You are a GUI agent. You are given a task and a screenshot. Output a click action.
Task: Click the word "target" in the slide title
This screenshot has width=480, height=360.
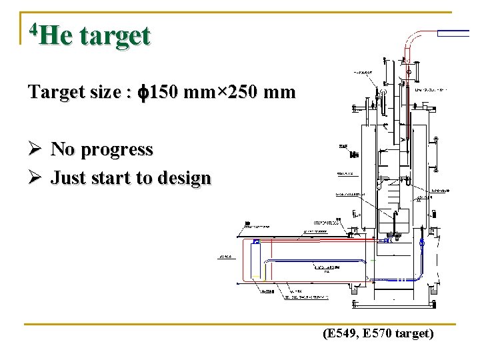(x=115, y=36)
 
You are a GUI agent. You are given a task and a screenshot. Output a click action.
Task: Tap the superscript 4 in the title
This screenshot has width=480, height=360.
(x=34, y=29)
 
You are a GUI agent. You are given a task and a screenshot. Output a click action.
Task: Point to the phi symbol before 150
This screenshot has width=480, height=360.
(x=142, y=93)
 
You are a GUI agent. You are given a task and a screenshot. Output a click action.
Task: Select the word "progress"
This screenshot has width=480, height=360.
(x=117, y=150)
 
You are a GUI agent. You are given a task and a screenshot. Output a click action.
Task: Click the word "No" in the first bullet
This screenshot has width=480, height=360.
(x=63, y=149)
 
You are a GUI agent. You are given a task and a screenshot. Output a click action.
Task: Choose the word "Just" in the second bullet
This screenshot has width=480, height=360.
(x=69, y=179)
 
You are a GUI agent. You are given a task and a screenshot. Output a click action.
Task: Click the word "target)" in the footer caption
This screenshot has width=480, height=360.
(x=415, y=333)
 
